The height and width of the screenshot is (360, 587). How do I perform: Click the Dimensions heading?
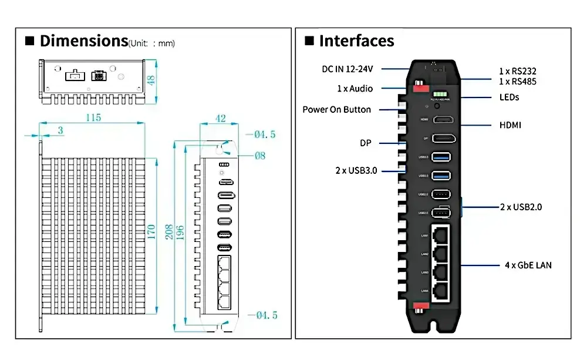coord(83,41)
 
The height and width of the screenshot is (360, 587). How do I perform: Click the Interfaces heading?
coord(356,41)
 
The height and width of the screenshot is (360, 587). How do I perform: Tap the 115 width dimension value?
coord(93,117)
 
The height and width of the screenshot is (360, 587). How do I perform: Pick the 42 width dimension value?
coord(221,118)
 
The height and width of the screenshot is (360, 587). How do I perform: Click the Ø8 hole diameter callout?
coord(259,156)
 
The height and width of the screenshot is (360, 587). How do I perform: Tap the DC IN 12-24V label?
coord(348,69)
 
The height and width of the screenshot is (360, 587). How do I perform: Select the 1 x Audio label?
coord(355,89)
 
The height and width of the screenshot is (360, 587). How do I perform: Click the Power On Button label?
coord(336,109)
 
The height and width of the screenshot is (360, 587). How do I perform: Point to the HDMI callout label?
coord(510,125)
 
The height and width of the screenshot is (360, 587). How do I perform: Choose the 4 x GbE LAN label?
coord(528,265)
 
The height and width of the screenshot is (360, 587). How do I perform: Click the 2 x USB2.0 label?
coord(521,207)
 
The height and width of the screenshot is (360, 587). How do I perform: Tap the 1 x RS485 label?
coord(517,82)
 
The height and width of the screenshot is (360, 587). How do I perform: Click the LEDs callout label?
coord(509,97)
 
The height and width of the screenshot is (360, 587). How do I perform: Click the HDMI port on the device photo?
coord(444,120)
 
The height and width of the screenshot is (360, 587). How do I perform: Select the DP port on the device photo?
coord(444,139)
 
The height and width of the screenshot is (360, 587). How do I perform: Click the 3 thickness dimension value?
coord(60,130)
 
